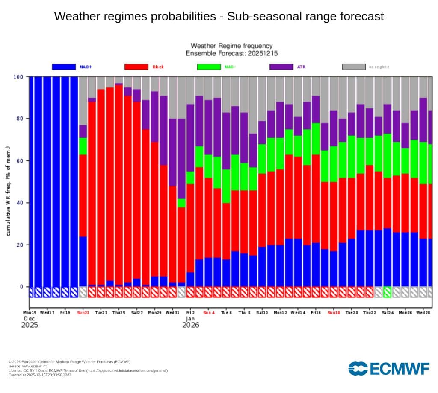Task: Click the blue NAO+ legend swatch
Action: pos(64,67)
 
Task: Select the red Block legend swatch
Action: pos(136,67)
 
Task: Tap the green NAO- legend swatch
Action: pos(209,67)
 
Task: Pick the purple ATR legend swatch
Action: pos(281,67)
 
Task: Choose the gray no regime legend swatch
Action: pos(354,67)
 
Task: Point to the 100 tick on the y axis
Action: pos(18,77)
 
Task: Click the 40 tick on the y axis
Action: pos(20,203)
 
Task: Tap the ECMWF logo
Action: pos(389,368)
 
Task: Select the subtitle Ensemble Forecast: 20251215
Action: pos(231,54)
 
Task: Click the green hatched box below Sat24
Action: pos(388,292)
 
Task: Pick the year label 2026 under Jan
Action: pos(191,325)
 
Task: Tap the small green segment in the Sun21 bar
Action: pos(83,146)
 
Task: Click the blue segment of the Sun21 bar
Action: pos(83,261)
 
